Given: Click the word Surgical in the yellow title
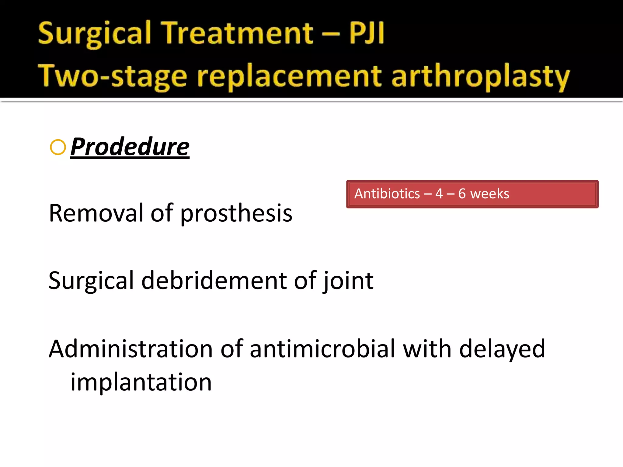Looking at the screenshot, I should (x=94, y=33).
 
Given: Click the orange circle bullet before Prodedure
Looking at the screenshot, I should (x=58, y=147).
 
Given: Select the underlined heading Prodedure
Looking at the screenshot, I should (x=130, y=147).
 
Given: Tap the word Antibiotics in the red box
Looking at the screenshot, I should (x=387, y=194).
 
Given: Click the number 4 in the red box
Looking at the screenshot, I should (x=439, y=194).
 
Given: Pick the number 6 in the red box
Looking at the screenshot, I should (x=462, y=194).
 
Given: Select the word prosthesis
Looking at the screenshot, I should (x=236, y=213).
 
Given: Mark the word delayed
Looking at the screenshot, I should (x=502, y=349).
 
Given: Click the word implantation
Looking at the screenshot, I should (x=141, y=382).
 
